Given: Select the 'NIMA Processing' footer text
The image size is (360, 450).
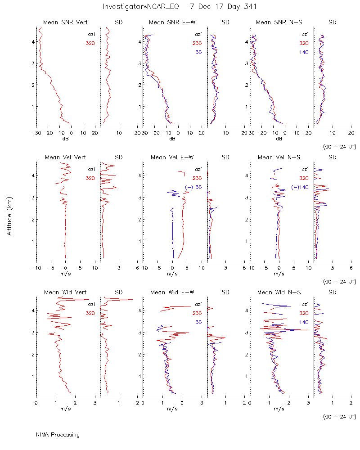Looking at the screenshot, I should coord(58,435).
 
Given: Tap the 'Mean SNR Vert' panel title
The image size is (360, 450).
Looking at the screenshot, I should coord(65,22).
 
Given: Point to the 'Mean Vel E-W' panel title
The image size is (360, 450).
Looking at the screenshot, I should coord(172,157).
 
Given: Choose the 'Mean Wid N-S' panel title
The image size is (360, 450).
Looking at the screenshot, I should coord(279,292).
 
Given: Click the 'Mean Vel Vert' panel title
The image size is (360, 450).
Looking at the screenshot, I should coord(65,157).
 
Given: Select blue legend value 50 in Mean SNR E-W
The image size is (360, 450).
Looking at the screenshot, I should coord(198,52).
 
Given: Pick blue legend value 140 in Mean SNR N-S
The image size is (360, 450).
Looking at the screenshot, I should coord(304,52).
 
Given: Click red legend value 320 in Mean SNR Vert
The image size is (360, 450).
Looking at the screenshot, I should coord(90,43).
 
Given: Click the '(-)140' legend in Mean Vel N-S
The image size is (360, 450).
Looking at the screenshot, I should coord(300,187).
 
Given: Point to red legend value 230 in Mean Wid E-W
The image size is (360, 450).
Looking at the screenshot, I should coord(197,313).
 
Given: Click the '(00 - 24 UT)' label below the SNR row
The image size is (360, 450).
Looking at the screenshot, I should coord(339,147).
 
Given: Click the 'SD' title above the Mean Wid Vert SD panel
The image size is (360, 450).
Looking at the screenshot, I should coord(118,292).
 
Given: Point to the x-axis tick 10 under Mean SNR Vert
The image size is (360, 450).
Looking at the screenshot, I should coord(83,133).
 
